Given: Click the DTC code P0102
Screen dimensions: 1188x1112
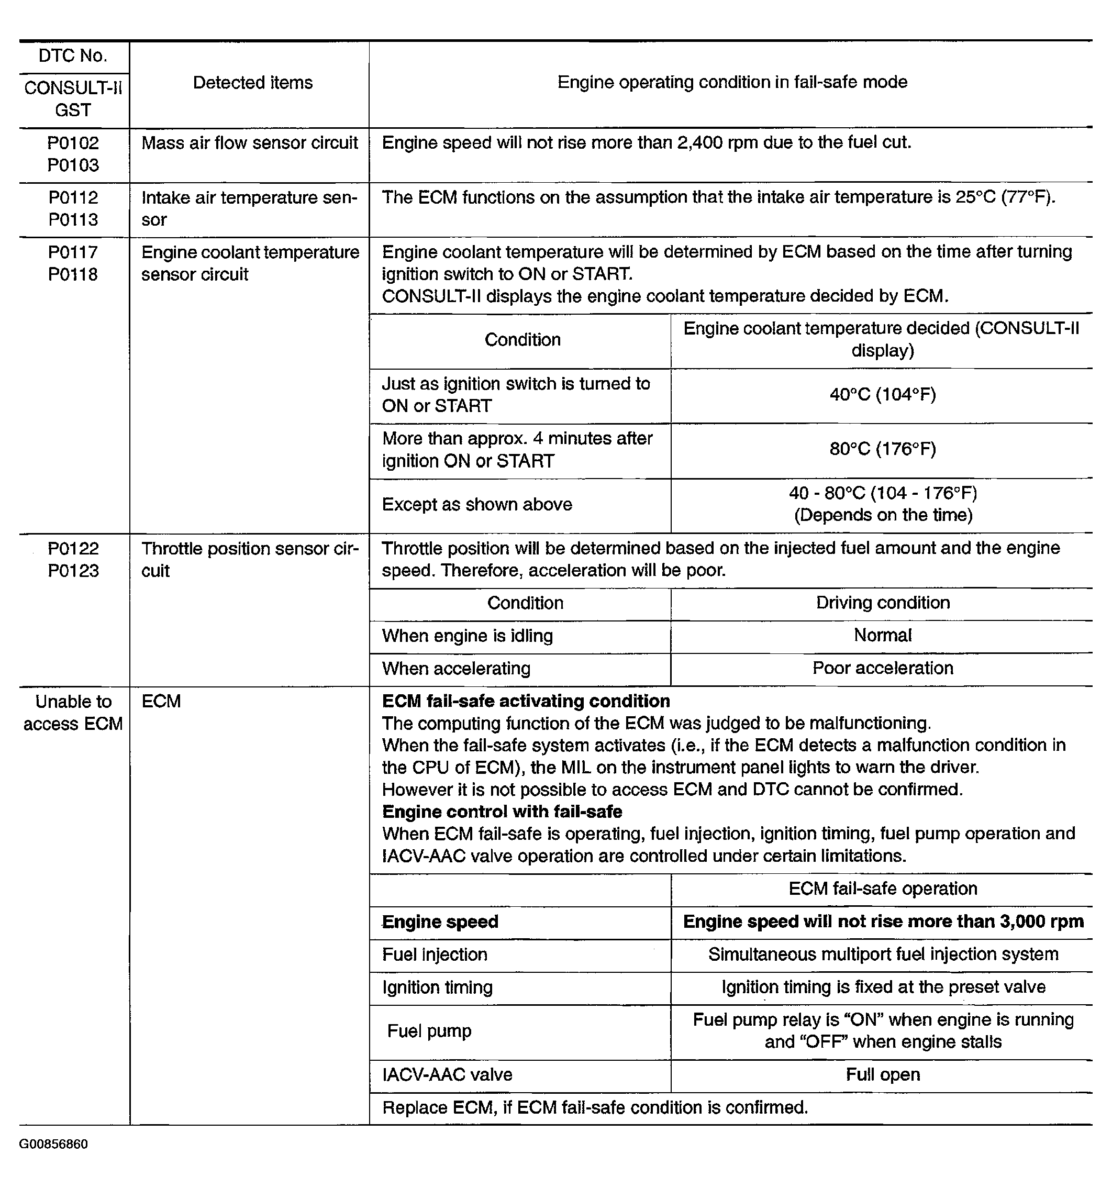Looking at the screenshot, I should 73,143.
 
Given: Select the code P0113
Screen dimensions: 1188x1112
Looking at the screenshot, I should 73,220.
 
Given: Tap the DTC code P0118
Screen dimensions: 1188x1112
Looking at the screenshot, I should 73,275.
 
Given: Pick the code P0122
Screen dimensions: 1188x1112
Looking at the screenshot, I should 73,549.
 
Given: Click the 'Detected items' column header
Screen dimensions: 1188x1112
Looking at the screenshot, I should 253,83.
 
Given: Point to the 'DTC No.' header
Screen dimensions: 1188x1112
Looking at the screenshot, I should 73,56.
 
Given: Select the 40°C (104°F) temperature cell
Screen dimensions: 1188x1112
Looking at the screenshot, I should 883,394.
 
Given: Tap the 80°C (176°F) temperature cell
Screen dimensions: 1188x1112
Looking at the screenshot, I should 883,449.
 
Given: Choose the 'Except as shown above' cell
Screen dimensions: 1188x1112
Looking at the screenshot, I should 477,505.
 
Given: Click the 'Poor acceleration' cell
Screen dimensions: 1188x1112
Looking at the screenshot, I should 883,668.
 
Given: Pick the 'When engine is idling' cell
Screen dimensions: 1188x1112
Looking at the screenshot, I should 468,636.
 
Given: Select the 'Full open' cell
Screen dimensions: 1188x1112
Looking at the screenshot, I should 883,1074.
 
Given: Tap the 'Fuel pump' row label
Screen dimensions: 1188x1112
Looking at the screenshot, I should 429,1031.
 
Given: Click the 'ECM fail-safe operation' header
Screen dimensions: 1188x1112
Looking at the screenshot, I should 883,889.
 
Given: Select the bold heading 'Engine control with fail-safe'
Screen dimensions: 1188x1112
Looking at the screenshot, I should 502,812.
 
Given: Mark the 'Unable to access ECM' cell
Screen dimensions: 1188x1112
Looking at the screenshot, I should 73,712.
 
